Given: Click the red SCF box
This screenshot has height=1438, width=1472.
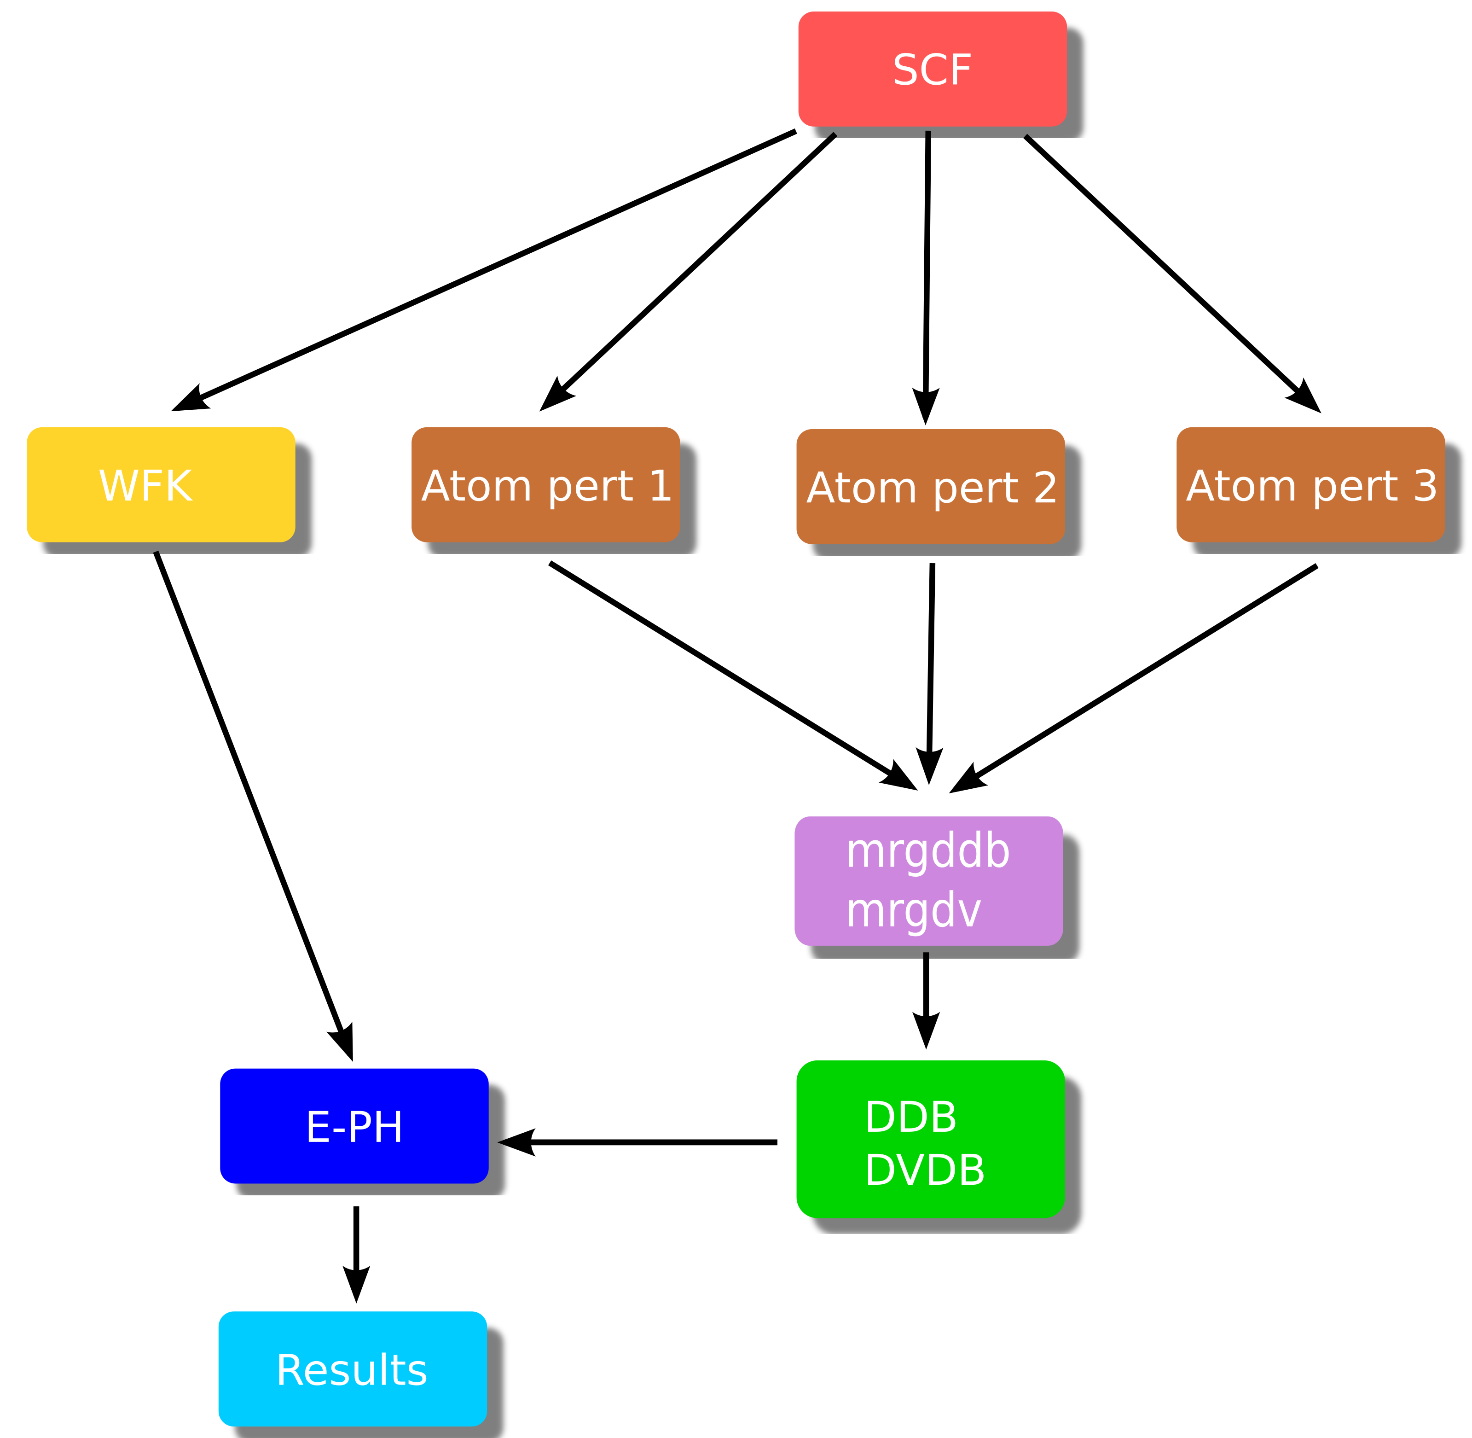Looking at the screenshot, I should pos(932,69).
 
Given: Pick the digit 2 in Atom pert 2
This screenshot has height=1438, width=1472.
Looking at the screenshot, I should pos(1045,488).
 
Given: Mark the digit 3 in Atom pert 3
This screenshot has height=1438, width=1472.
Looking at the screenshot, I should pos(1425,486).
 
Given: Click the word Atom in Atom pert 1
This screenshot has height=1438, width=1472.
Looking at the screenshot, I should pos(477,486).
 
